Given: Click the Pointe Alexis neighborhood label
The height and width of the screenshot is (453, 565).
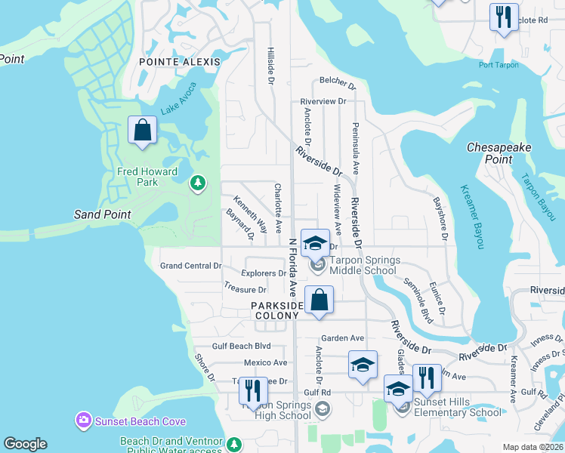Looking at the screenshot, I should pyautogui.click(x=180, y=62).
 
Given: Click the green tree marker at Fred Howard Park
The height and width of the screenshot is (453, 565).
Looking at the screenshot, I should pyautogui.click(x=198, y=182).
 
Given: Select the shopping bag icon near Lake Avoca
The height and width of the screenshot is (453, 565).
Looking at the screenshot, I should pyautogui.click(x=142, y=131).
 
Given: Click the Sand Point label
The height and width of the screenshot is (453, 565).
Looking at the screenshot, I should pyautogui.click(x=102, y=214).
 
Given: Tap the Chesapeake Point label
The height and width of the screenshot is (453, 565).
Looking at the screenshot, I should pyautogui.click(x=499, y=153).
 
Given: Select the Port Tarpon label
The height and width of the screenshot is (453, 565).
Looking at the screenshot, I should pyautogui.click(x=499, y=64).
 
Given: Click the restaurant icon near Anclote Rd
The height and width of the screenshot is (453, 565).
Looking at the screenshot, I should pyautogui.click(x=504, y=17).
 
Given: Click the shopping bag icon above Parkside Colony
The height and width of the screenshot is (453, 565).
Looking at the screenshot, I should pyautogui.click(x=319, y=300).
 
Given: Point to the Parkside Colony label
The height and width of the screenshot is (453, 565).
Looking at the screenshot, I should pyautogui.click(x=277, y=311).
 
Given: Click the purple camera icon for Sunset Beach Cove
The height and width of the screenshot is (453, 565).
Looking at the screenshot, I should pyautogui.click(x=83, y=420).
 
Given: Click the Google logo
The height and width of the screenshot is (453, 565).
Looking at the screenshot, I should pyautogui.click(x=25, y=444).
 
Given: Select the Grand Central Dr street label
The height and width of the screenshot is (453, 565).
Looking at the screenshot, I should pyautogui.click(x=191, y=266).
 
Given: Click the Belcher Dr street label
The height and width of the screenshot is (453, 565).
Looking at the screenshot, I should pyautogui.click(x=337, y=81).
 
